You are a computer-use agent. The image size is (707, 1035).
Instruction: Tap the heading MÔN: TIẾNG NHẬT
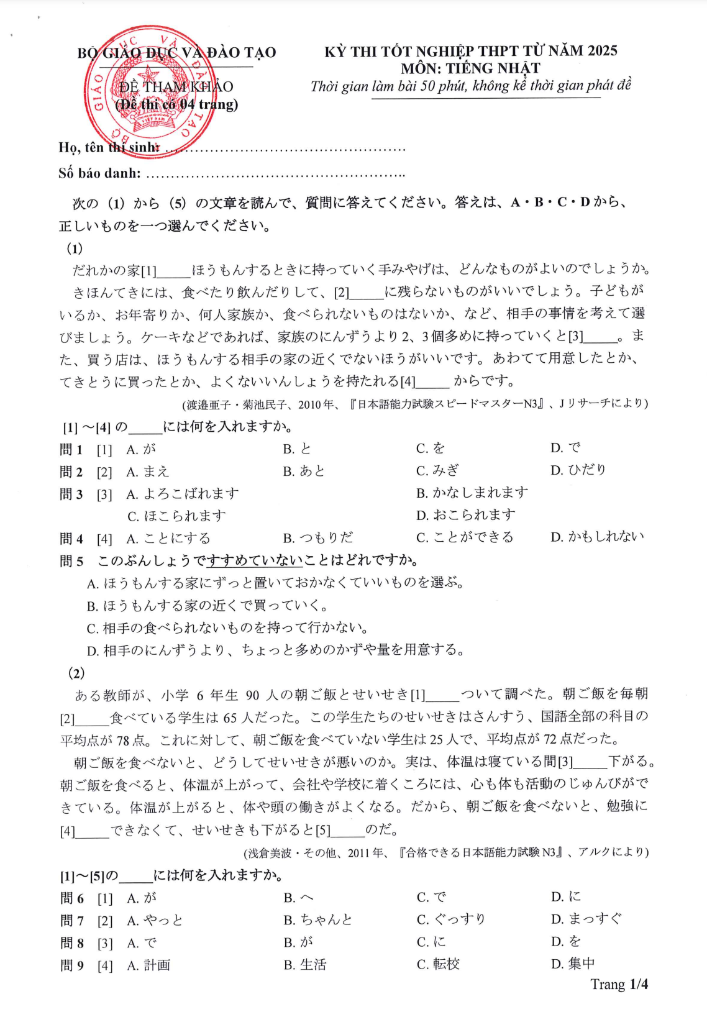(x=470, y=68)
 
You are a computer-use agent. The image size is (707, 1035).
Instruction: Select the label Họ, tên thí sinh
(x=109, y=148)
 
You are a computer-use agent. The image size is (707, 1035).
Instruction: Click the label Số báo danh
(x=99, y=173)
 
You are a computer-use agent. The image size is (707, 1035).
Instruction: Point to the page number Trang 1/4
(x=619, y=985)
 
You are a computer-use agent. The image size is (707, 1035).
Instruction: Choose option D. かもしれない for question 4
(x=597, y=537)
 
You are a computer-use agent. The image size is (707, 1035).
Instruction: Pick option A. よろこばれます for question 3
(x=183, y=494)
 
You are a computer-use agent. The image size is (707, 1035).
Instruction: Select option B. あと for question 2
(x=304, y=471)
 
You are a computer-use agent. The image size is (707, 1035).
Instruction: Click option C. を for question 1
(x=431, y=449)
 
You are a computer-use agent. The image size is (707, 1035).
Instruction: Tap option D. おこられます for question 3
(x=466, y=515)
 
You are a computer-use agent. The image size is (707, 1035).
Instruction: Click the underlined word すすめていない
(x=255, y=560)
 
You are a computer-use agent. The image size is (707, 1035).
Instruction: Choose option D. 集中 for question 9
(x=573, y=964)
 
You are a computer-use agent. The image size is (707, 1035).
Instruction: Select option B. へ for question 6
(x=299, y=898)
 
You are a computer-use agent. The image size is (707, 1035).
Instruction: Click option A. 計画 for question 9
(x=148, y=965)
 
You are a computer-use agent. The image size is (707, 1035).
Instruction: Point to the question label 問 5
(x=71, y=561)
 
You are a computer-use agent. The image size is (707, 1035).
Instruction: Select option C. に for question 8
(x=431, y=942)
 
